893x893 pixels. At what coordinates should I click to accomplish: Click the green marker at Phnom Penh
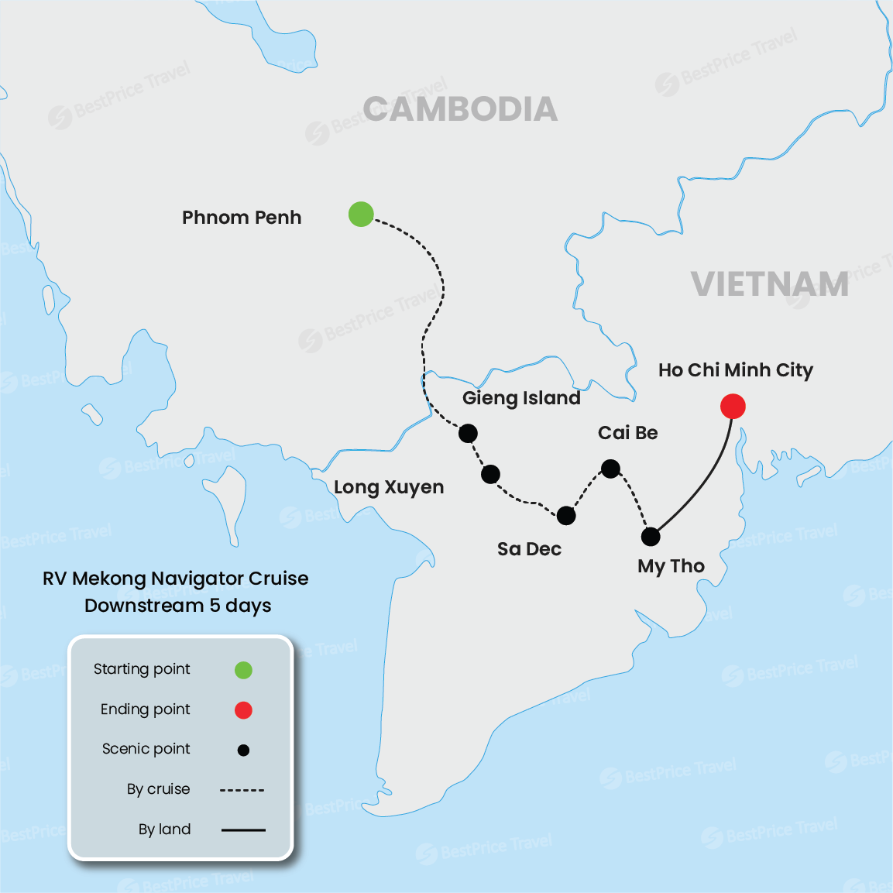(x=361, y=214)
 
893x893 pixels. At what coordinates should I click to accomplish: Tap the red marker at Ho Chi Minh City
(x=733, y=406)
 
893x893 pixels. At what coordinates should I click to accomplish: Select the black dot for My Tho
(x=651, y=536)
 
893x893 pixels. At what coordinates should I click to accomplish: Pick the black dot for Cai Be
(x=610, y=469)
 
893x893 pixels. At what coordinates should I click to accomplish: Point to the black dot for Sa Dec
(x=566, y=516)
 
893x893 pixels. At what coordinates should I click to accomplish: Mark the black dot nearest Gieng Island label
(x=468, y=433)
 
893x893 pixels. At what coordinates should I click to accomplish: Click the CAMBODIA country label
(x=460, y=109)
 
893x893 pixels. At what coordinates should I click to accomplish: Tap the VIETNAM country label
(x=770, y=284)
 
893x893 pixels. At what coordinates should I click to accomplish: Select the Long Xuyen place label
(x=389, y=487)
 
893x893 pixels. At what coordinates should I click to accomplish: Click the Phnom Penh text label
(x=242, y=218)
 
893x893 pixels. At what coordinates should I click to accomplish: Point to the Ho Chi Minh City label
(x=735, y=370)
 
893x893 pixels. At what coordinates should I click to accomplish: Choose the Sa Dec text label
(x=529, y=549)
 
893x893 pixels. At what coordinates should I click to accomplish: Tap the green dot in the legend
(x=243, y=670)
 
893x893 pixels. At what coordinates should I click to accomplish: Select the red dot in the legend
(x=243, y=710)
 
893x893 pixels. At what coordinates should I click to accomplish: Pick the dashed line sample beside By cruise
(x=242, y=790)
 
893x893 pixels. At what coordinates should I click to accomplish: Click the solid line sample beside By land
(x=243, y=830)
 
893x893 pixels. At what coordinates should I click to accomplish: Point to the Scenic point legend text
(x=146, y=749)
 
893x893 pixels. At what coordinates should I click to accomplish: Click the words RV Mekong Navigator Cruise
(x=175, y=579)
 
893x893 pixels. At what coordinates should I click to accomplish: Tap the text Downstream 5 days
(x=178, y=606)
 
